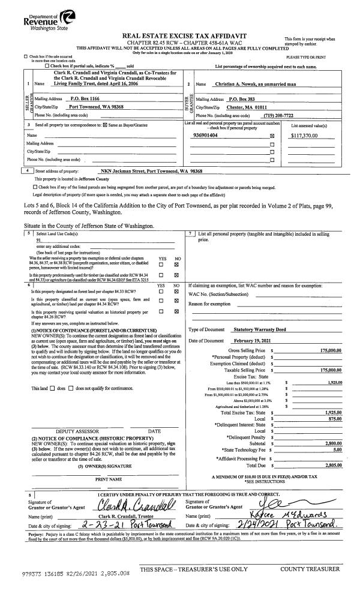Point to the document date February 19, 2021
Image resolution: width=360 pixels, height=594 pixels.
click(253, 341)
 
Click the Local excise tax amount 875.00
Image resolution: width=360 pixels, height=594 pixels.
click(334, 419)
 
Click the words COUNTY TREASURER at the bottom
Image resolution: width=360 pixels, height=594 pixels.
click(310, 568)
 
